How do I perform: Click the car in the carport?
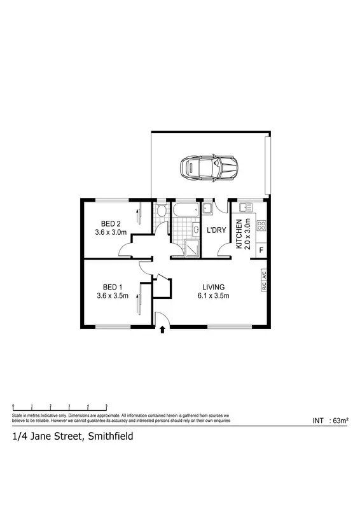209,168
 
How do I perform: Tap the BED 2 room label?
111,223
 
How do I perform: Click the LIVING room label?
212,286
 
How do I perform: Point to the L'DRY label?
216,230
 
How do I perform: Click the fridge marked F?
261,251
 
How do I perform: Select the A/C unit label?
263,275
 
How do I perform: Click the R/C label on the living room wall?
263,286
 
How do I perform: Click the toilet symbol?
162,210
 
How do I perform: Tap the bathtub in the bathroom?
186,208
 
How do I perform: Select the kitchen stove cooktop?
261,225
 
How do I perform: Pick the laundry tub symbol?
208,209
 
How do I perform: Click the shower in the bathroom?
191,249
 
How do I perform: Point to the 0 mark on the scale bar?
13,405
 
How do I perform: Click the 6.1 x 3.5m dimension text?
212,295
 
